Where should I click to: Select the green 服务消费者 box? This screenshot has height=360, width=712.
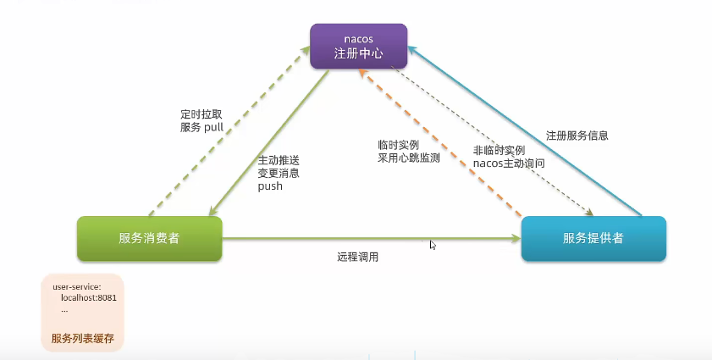tap(149, 238)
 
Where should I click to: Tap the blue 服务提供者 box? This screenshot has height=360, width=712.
tap(593, 238)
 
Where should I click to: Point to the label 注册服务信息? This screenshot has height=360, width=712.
tap(577, 135)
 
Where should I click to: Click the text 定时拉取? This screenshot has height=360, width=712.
tap(201, 113)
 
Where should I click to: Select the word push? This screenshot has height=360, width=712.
tap(270, 186)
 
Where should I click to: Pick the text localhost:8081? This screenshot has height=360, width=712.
tap(88, 298)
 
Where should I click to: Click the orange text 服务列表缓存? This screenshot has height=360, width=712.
tap(82, 339)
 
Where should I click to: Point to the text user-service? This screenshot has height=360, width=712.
tap(76, 287)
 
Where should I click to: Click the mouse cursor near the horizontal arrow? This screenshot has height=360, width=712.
tap(433, 244)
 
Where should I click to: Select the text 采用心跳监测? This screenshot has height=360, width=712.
tap(409, 158)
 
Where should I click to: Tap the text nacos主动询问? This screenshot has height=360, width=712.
tap(509, 162)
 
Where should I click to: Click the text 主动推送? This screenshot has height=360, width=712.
tap(279, 159)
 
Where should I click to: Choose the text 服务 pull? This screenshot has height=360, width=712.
tap(201, 127)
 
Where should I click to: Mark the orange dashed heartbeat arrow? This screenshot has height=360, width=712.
tap(440, 152)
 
